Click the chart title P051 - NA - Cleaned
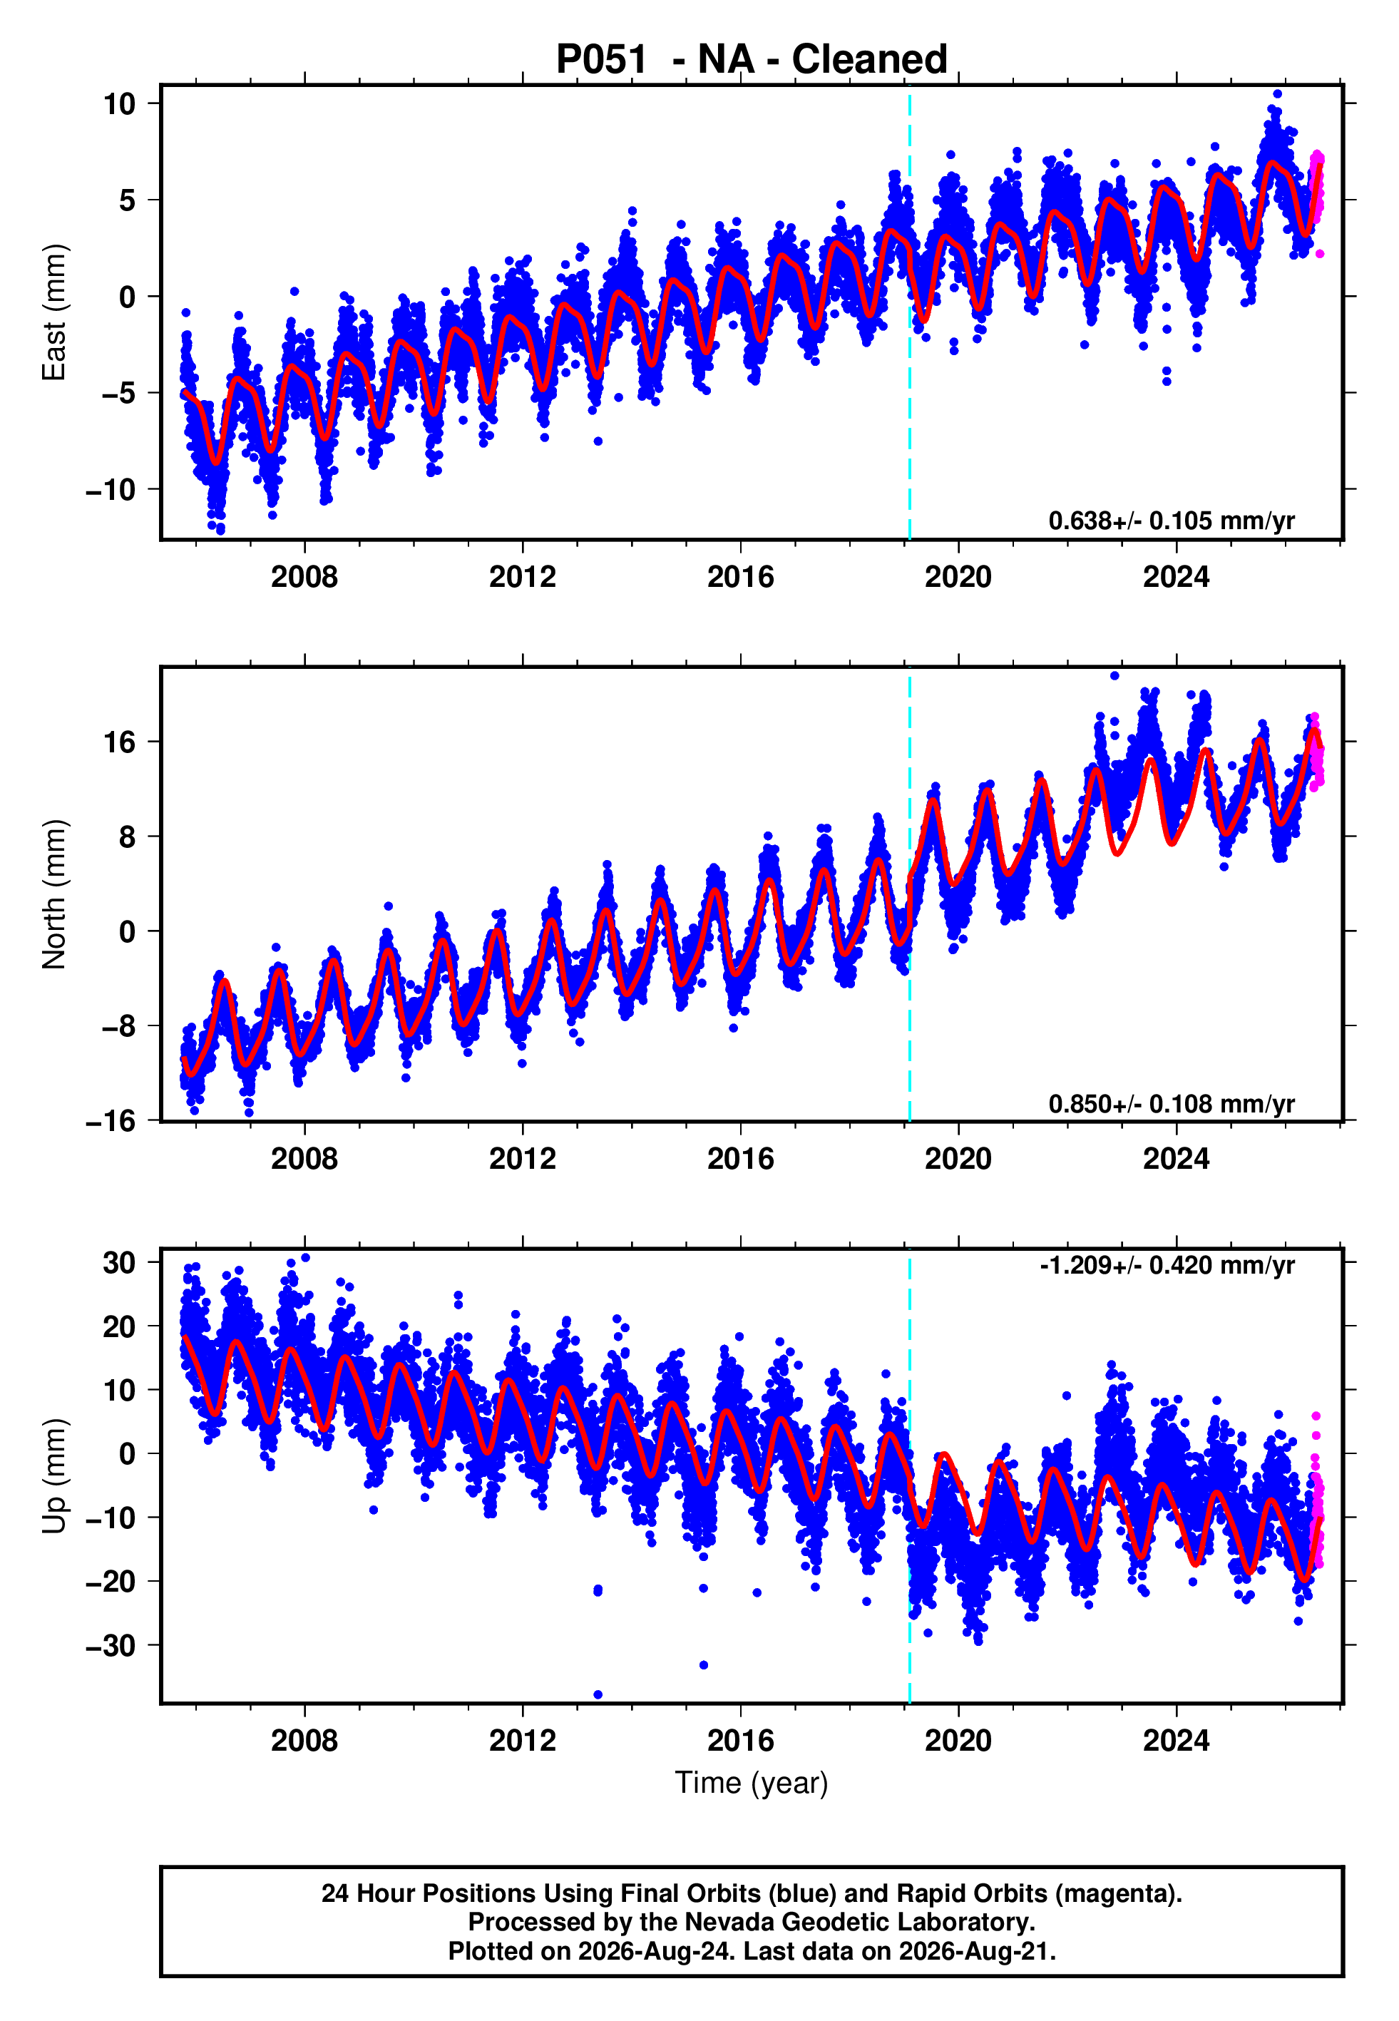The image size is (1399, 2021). [752, 60]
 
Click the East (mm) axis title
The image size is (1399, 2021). [53, 312]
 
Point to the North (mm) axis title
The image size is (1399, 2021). [53, 894]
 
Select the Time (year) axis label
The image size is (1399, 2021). [752, 1783]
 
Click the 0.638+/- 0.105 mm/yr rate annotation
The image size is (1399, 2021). [1171, 521]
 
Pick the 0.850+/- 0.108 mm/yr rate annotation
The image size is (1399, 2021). [1171, 1103]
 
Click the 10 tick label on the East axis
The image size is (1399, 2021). [119, 103]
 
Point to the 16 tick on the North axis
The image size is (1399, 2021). [119, 742]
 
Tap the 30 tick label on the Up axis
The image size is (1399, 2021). [119, 1263]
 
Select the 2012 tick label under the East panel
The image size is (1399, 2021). [523, 577]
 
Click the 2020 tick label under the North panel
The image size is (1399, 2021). [958, 1159]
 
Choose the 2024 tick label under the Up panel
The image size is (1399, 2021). [1176, 1741]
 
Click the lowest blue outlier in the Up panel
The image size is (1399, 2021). [598, 1695]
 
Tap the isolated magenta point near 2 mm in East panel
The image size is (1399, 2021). [1320, 254]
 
